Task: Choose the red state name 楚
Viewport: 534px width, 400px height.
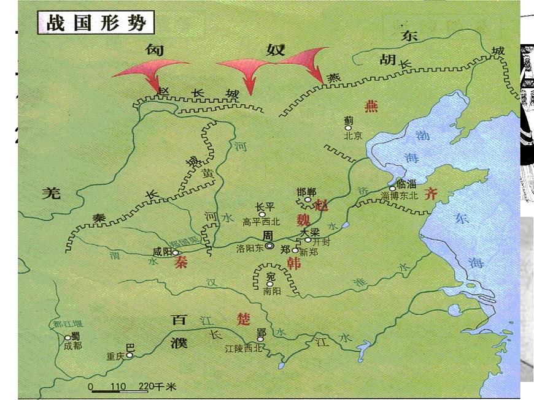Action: coord(244,319)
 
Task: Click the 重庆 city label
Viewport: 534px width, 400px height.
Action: coord(115,356)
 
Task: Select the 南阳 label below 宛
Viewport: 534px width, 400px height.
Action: coord(271,292)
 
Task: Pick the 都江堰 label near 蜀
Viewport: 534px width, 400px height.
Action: coord(63,325)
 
